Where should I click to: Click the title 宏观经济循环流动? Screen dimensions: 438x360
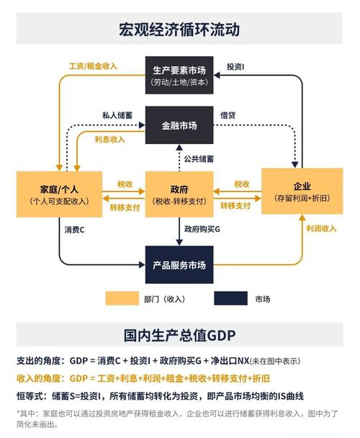[x=179, y=30]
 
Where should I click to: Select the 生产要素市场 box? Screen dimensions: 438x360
[x=179, y=74]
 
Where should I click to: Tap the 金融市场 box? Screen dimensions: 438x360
[x=179, y=125]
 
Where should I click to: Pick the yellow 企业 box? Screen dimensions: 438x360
[x=302, y=191]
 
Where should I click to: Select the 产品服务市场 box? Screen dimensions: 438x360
[x=179, y=265]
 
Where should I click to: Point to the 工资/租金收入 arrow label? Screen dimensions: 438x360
[x=93, y=66]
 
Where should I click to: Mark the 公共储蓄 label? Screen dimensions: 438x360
[x=202, y=158]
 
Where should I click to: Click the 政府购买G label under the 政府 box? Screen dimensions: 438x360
[x=203, y=229]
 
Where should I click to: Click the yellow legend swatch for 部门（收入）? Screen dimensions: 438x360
[x=122, y=298]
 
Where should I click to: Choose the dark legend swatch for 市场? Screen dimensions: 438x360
[x=230, y=298]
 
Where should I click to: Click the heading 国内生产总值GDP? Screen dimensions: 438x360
[x=179, y=336]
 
